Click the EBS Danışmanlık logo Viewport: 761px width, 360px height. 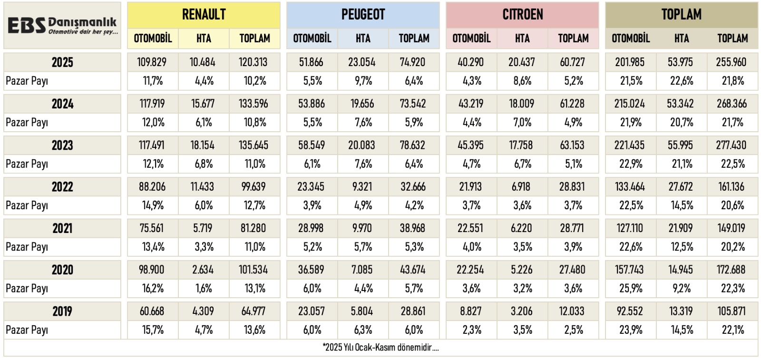pos(62,26)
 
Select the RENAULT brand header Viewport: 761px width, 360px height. pos(204,14)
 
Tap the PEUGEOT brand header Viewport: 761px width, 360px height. pos(363,14)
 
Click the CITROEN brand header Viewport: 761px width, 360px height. pos(522,14)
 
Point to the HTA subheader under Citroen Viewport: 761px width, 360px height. pos(522,38)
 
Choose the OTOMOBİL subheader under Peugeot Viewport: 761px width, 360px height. pos(312,38)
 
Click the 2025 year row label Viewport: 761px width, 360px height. pos(62,62)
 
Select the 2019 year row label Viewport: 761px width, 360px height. pos(62,311)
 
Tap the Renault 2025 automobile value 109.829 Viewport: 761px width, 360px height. pos(152,62)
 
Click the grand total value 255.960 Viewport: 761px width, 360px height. pos(732,62)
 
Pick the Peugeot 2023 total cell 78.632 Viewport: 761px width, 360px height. pos(413,145)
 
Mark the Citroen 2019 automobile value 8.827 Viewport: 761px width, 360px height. pos(470,311)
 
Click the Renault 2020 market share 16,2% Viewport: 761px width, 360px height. pos(153,289)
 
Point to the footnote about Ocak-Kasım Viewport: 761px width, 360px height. pos(380,347)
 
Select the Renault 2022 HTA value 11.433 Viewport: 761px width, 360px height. pos(203,187)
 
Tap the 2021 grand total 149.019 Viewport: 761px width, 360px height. pos(732,228)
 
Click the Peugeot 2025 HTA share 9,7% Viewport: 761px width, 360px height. pos(363,81)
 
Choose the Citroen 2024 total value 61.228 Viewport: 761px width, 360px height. pos(572,104)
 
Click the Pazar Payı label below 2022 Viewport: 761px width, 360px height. pos(27,205)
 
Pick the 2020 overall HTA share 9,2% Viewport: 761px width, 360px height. pos(681,289)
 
